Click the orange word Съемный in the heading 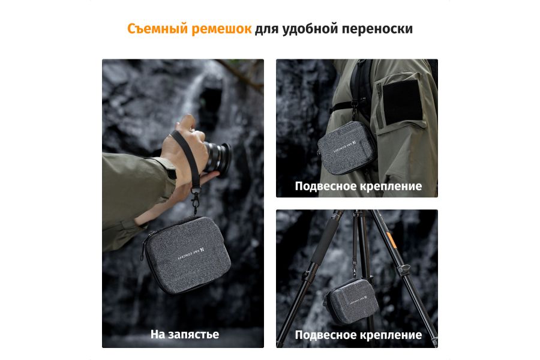pyautogui.click(x=157, y=29)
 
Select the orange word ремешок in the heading pyautogui.click(x=221, y=29)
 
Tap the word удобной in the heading pyautogui.click(x=313, y=29)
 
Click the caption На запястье pyautogui.click(x=184, y=334)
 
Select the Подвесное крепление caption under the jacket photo pyautogui.click(x=358, y=186)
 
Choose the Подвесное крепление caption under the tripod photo pyautogui.click(x=358, y=335)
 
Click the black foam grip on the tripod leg pyautogui.click(x=324, y=243)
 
